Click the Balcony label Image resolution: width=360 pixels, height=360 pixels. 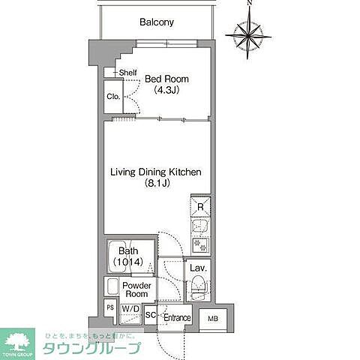(x=156, y=22)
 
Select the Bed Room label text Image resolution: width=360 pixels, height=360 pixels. (x=166, y=79)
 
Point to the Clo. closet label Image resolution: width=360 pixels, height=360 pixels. (x=112, y=97)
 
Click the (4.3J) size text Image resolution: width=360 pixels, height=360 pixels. (x=166, y=91)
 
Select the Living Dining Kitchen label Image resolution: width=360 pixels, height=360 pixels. (x=156, y=172)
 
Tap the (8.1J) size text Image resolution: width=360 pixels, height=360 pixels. (x=156, y=184)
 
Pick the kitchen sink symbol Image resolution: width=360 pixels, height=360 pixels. (x=200, y=226)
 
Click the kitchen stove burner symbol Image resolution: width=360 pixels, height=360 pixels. (x=200, y=244)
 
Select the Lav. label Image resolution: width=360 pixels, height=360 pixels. (x=198, y=268)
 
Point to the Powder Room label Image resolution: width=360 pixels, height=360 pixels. (x=137, y=289)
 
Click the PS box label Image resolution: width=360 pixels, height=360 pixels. (x=110, y=308)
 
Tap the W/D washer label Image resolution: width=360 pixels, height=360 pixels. (x=130, y=309)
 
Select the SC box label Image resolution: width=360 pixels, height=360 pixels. (x=150, y=316)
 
